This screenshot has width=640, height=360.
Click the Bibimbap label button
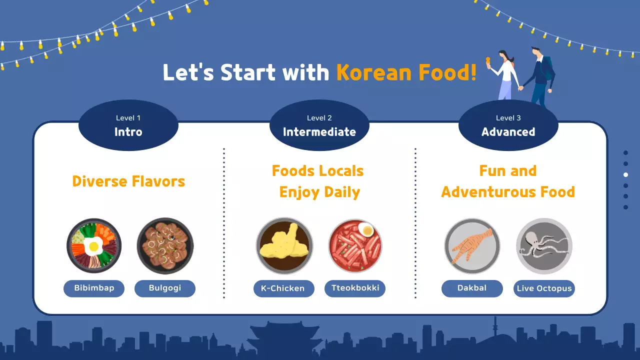click(94, 288)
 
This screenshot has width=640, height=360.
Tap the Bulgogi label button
click(165, 288)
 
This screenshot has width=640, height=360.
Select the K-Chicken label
click(284, 288)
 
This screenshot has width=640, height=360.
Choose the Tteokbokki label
click(355, 288)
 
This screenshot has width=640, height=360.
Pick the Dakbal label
click(472, 288)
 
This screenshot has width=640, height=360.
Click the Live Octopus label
click(544, 289)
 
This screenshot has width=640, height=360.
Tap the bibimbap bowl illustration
click(94, 245)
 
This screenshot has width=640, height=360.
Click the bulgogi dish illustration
click(165, 245)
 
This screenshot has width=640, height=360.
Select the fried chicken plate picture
click(284, 245)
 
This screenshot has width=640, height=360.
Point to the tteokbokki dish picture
click(355, 245)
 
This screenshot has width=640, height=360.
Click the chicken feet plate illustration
click(472, 245)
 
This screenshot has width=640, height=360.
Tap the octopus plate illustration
click(544, 245)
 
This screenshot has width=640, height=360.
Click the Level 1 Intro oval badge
click(128, 125)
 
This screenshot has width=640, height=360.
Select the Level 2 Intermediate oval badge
click(319, 125)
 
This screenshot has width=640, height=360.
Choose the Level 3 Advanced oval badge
click(508, 125)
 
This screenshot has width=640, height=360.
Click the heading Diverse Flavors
click(128, 181)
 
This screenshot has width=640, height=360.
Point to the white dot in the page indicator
click(625, 174)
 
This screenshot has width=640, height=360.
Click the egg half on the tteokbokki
click(366, 230)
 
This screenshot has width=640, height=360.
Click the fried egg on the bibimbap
click(93, 245)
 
